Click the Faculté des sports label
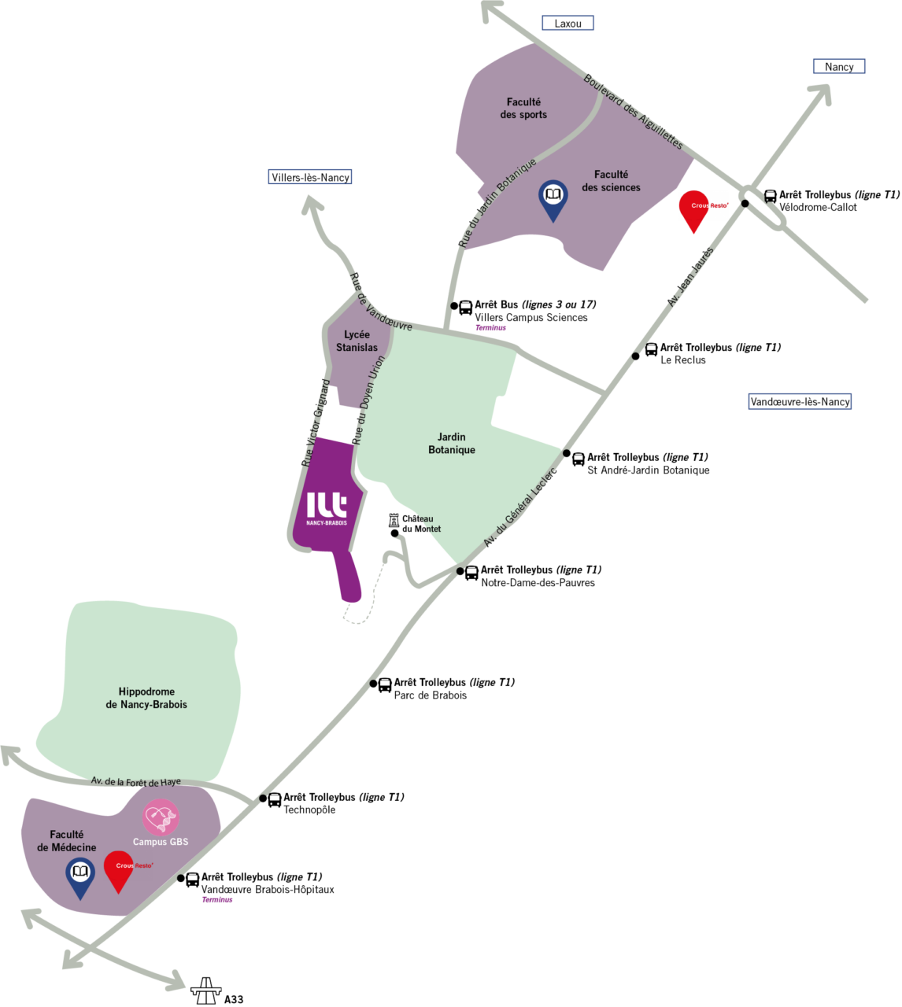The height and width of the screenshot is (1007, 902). coord(523,109)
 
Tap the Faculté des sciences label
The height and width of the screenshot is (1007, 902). coord(611,181)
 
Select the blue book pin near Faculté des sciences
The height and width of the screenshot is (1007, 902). coord(553,198)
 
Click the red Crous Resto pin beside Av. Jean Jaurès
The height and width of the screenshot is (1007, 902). coord(693,208)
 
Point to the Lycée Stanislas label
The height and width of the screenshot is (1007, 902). coord(357,341)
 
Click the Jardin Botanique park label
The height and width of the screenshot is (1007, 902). coord(452,443)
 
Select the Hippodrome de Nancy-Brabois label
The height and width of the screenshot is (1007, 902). coord(146,698)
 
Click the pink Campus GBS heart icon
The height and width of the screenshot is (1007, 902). coord(161,817)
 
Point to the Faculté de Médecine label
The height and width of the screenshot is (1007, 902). coord(67,841)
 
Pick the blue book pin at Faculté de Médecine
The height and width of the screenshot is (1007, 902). coord(80,876)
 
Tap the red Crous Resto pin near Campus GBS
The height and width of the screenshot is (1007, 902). coord(119,869)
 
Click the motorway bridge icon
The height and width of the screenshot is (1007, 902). coord(206,991)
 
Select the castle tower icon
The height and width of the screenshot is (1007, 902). coord(394,522)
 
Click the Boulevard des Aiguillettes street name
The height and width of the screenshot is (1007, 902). coord(633,112)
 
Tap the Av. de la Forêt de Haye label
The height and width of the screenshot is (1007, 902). coord(135,781)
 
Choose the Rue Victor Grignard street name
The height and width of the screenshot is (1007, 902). coord(316,423)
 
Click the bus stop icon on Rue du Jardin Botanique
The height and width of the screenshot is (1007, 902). coord(465,307)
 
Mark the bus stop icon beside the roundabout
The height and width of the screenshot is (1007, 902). coord(771,196)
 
